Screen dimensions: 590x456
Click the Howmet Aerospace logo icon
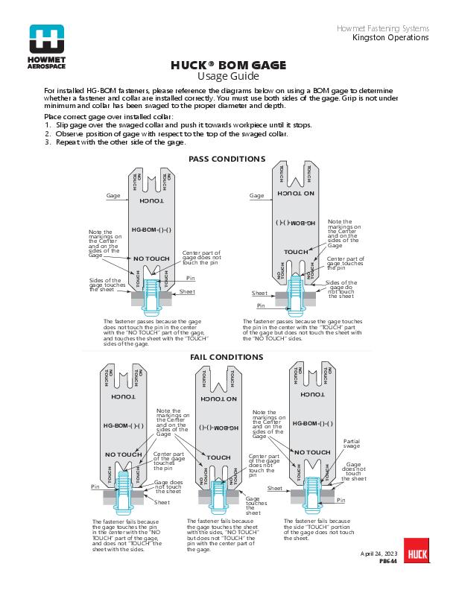(47, 39)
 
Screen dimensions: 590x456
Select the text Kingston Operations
(390, 37)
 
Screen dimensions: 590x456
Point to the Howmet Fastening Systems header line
(383, 28)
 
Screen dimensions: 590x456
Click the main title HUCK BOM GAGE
(228, 66)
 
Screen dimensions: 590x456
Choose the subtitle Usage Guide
(228, 76)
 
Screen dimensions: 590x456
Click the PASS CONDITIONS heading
(227, 159)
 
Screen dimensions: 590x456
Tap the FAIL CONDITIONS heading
(227, 358)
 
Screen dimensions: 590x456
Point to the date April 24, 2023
(379, 555)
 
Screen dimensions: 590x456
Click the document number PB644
(388, 562)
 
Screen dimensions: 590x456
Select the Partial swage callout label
(352, 444)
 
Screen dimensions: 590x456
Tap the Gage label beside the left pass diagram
(113, 195)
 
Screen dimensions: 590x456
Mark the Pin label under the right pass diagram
(261, 305)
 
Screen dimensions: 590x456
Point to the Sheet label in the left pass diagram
(187, 292)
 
